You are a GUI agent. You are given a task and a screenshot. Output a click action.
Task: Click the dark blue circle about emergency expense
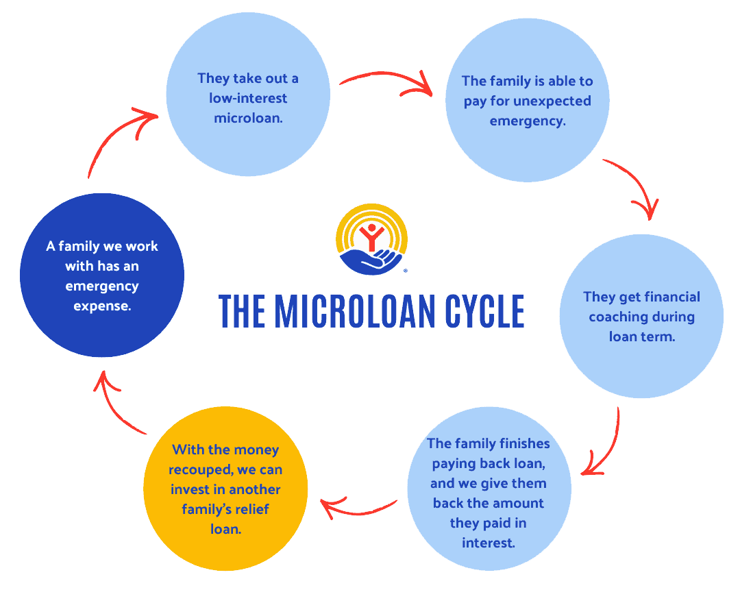[x=102, y=275]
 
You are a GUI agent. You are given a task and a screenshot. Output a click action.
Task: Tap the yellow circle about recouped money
[x=225, y=489]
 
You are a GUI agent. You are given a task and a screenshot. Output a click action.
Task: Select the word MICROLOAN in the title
[x=356, y=312]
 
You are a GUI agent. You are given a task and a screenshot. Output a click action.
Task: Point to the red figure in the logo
[x=372, y=237]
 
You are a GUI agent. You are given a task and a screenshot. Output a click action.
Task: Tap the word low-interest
[x=248, y=98]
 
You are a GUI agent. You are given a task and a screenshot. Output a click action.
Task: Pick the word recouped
[x=201, y=470]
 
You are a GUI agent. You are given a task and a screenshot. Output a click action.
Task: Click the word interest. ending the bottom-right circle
[x=489, y=543]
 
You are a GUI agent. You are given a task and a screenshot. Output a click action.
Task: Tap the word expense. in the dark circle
[x=102, y=306]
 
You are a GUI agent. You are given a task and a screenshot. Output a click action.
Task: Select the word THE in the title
[x=242, y=312]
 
